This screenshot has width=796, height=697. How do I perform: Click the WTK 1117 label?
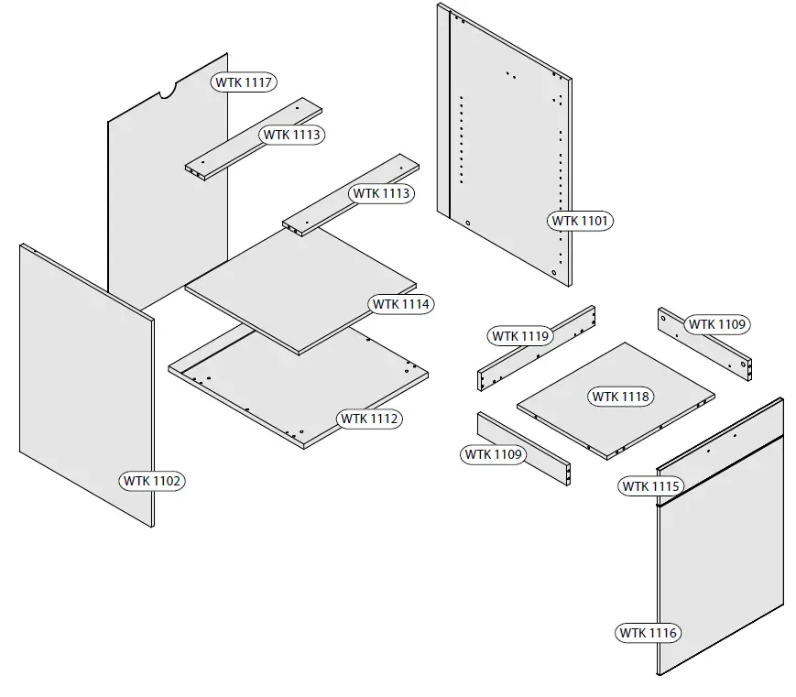pyautogui.click(x=245, y=82)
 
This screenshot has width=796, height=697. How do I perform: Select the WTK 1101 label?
pyautogui.click(x=581, y=221)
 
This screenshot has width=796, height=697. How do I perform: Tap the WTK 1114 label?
pyautogui.click(x=401, y=304)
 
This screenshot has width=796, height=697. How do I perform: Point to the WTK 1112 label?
pyautogui.click(x=370, y=419)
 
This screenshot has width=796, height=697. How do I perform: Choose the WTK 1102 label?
pyautogui.click(x=152, y=480)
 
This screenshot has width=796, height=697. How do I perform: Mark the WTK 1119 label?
pyautogui.click(x=520, y=336)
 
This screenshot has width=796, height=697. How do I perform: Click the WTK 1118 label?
pyautogui.click(x=620, y=397)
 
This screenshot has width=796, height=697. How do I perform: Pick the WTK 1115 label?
pyautogui.click(x=650, y=486)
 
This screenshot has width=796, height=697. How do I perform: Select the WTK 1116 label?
pyautogui.click(x=649, y=633)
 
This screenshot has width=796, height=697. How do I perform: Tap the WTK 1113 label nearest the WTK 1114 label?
pyautogui.click(x=381, y=194)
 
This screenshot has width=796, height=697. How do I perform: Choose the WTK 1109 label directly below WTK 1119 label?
pyautogui.click(x=493, y=454)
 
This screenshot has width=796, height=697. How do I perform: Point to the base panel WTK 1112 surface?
pyautogui.click(x=275, y=394)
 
